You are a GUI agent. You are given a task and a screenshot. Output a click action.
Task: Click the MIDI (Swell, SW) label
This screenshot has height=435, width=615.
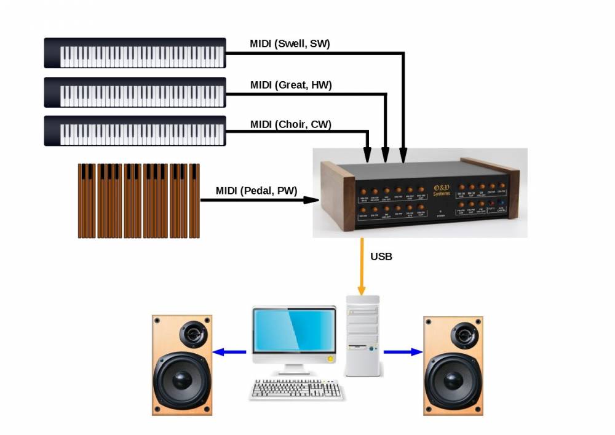(290, 44)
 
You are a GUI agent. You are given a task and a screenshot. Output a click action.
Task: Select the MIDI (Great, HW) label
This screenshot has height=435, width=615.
(291, 85)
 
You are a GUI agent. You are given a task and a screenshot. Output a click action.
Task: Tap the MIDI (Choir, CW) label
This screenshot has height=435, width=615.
(290, 124)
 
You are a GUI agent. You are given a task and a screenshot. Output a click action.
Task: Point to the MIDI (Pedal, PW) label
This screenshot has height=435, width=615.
(256, 191)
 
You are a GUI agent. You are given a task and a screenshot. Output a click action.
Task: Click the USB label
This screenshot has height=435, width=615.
(381, 256)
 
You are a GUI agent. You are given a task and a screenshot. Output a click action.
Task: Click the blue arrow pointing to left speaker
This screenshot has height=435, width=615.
(229, 353)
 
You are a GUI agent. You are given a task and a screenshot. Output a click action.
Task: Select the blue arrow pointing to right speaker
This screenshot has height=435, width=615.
(403, 352)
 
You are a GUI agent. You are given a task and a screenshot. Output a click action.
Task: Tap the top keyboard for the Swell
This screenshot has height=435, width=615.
(135, 54)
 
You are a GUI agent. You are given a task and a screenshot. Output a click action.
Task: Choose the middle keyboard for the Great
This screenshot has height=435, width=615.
(135, 93)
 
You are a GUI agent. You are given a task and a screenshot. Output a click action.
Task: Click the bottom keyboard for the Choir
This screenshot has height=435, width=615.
(135, 132)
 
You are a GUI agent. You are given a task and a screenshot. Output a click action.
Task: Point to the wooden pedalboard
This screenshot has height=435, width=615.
(139, 201)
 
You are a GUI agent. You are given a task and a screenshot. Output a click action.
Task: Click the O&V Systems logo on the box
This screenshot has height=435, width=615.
(442, 190)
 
